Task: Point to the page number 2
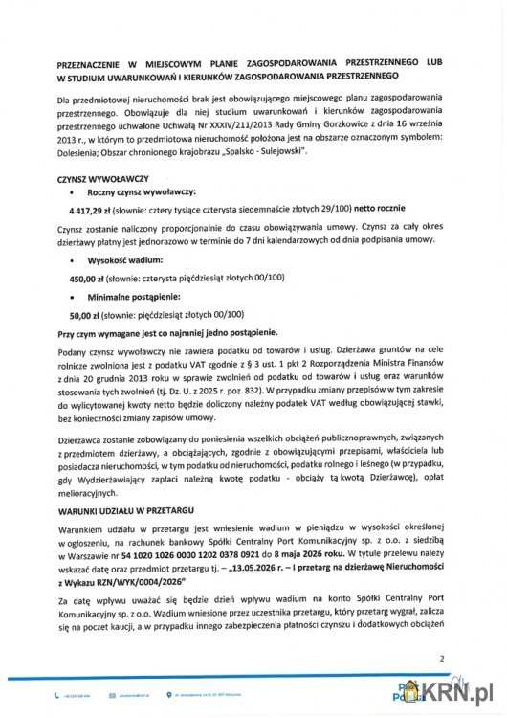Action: click(x=441, y=658)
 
